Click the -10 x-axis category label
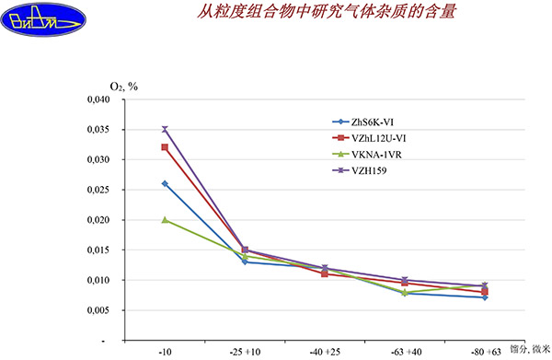(165, 351)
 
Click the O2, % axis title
(123, 87)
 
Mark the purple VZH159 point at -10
(165, 130)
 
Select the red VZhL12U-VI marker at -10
(165, 147)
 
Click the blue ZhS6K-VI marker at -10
(165, 183)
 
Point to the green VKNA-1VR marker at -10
(165, 220)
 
